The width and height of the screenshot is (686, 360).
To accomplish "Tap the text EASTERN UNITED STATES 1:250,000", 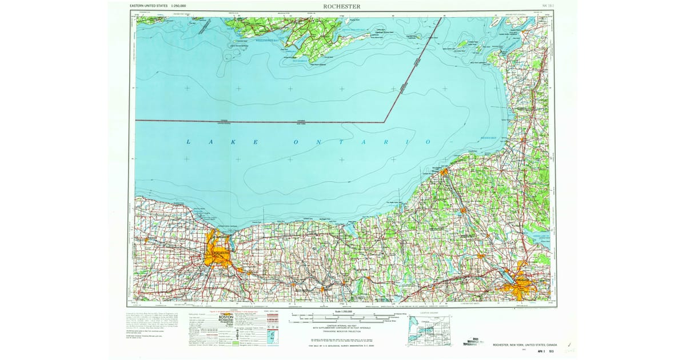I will point(158,6).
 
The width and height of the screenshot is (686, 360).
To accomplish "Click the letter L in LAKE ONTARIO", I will point(188,141).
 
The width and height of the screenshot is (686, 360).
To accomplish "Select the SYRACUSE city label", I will point(521,281).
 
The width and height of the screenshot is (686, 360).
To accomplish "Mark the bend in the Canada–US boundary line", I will point(384,122).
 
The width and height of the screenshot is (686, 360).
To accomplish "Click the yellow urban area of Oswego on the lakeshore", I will point(444,170).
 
